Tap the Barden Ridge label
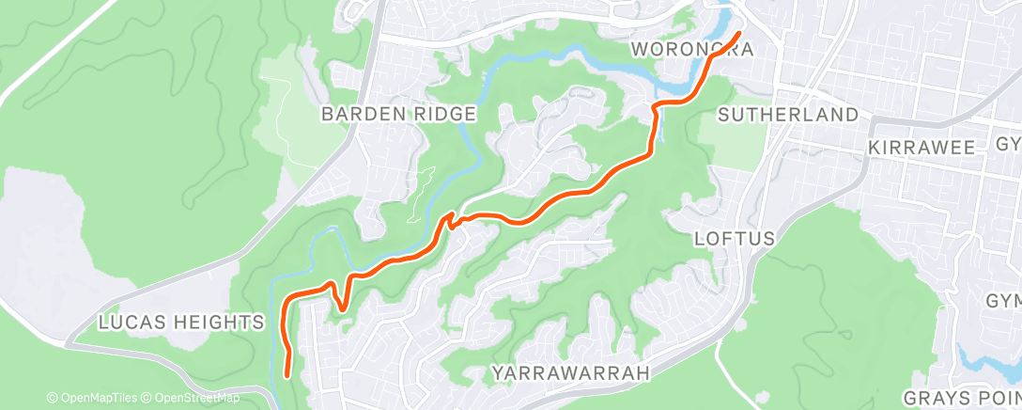pyautogui.click(x=399, y=114)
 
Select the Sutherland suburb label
pyautogui.click(x=788, y=115)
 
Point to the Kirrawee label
pyautogui.click(x=925, y=149)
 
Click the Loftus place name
pyautogui.click(x=735, y=239)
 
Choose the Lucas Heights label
pyautogui.click(x=181, y=323)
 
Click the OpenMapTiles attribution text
pyautogui.click(x=98, y=398)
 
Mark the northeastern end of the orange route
pyautogui.click(x=738, y=34)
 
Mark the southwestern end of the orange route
pyautogui.click(x=287, y=373)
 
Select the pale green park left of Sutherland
pyautogui.click(x=733, y=142)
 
